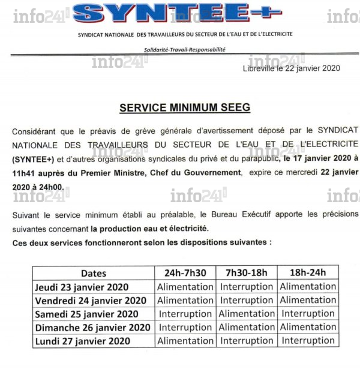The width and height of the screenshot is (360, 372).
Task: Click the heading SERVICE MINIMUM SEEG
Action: point(185,108)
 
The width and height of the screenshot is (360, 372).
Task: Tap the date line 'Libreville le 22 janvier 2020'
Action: point(291,68)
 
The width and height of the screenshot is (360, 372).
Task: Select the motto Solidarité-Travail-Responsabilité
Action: point(184,49)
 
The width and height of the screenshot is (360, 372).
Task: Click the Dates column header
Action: point(94,273)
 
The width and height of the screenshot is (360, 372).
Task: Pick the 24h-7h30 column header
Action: point(185,273)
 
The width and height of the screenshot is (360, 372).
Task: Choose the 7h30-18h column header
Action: point(247,273)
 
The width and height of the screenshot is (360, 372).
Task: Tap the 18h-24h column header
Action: point(308,273)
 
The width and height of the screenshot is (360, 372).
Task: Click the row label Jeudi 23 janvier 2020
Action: point(82,287)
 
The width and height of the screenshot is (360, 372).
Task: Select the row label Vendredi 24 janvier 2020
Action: point(91,300)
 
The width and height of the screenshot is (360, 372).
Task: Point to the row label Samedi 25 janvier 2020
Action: point(86,314)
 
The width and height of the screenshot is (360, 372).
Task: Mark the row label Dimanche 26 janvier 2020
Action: point(92,327)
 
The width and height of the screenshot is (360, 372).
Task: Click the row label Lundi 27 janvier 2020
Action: point(82,341)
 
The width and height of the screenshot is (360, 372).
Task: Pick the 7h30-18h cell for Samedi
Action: point(247,314)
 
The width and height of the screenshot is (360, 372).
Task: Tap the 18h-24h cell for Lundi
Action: point(308,341)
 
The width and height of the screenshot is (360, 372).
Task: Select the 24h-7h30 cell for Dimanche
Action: point(185,327)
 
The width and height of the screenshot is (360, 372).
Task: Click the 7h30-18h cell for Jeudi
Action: point(247,287)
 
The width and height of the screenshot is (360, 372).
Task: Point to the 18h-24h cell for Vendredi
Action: point(308,300)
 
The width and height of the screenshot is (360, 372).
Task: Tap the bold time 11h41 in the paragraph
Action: point(22,172)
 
